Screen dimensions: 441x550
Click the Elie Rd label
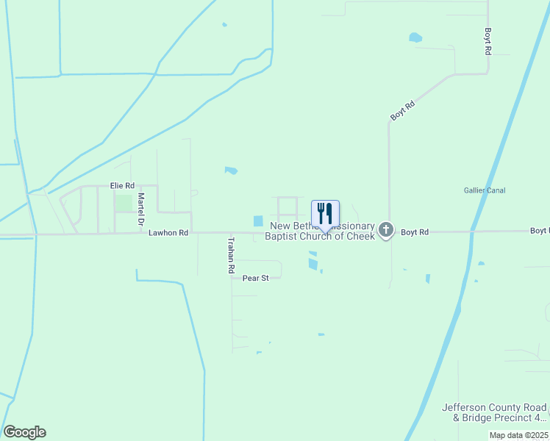click(122, 186)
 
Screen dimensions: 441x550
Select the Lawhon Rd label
click(168, 232)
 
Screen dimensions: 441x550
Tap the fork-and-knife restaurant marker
click(325, 214)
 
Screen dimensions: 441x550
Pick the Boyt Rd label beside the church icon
click(415, 232)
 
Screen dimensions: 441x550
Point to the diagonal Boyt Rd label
click(403, 111)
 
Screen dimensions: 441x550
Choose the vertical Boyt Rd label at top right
click(488, 42)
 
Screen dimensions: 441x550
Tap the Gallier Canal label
click(485, 190)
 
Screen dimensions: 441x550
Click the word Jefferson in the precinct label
click(468, 407)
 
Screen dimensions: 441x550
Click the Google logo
click(24, 432)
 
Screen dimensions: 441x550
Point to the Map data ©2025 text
click(518, 435)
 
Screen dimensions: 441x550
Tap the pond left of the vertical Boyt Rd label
click(415, 37)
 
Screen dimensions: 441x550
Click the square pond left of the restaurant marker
click(258, 220)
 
